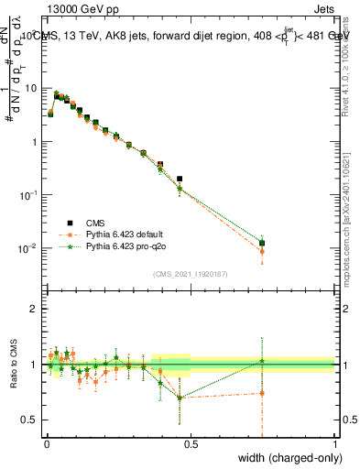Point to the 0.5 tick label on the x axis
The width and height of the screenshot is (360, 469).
[x=191, y=444]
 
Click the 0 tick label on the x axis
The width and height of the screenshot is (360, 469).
[x=47, y=444]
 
